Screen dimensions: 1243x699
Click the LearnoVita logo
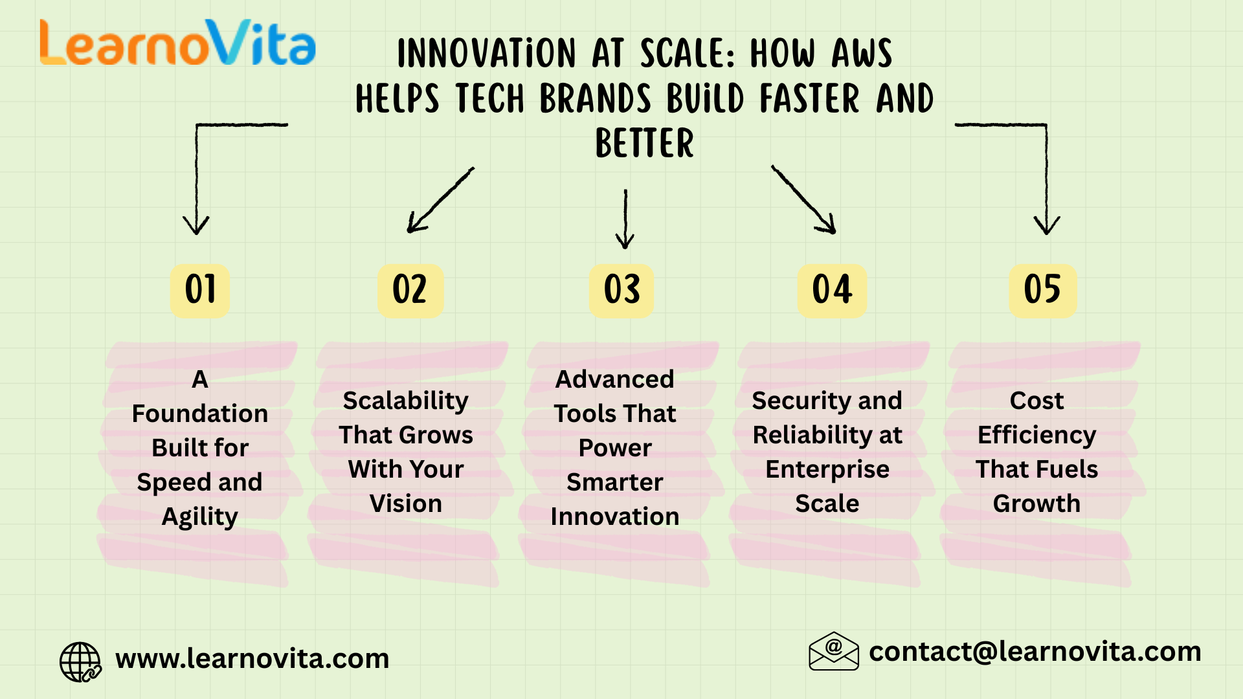[178, 43]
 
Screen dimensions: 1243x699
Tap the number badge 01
[200, 290]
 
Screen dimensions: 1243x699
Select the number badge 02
[410, 290]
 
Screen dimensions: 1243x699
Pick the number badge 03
[621, 290]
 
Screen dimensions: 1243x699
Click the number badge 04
[832, 290]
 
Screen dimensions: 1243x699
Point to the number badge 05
[1042, 290]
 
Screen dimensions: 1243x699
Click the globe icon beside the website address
[80, 661]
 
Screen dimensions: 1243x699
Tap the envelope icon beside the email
[834, 651]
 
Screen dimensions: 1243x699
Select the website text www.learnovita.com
[252, 659]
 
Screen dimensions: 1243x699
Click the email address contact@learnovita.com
[1035, 652]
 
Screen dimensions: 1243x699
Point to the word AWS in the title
[862, 53]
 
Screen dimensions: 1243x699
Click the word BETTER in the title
[645, 143]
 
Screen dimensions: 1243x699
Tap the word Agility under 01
[200, 517]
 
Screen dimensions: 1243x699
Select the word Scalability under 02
[406, 401]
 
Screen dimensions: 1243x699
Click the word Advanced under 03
[615, 379]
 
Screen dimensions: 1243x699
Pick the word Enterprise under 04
[827, 470]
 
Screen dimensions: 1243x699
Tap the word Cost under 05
[1037, 401]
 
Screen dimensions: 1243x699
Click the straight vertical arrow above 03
[625, 219]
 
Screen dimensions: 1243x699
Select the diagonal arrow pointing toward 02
[440, 200]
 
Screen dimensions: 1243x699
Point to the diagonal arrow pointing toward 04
[803, 199]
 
